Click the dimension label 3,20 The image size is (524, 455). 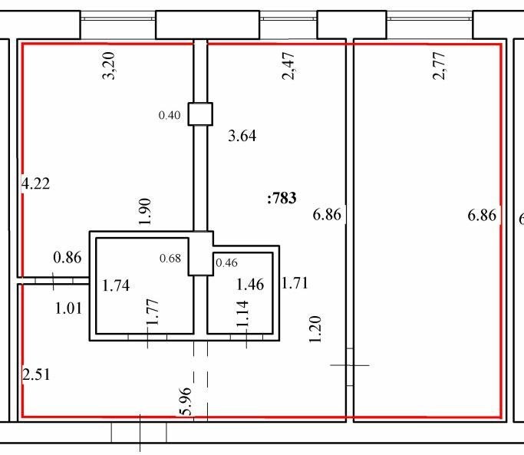coord(109,65)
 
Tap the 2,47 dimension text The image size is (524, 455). coord(288,65)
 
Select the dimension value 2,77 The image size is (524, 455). coord(439,65)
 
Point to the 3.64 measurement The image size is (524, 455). coord(242,136)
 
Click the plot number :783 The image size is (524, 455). coord(282,198)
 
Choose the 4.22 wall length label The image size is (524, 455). coord(35,183)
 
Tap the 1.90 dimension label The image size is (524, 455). coord(145,212)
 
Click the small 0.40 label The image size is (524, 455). coord(170,115)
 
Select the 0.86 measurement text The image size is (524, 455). coord(68,257)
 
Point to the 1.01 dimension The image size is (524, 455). coord(68,308)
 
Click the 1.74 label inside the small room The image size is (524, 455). coord(116,285)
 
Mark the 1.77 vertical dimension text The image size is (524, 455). coord(153,312)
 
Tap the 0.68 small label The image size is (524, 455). coord(170,258)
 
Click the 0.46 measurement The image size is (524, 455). coord(226,262)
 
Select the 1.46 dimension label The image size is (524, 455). coord(250,285)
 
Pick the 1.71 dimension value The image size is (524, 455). coord(295,283)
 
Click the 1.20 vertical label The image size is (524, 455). coord(315,329)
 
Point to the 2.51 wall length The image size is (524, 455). coord(36,374)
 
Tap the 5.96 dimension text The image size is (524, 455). coord(186,401)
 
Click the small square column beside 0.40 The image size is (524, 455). coord(200,114)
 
